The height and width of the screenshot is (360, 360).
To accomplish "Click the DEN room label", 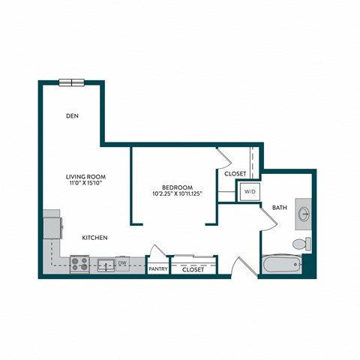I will (x=73, y=116).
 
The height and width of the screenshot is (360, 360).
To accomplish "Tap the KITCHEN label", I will (x=95, y=238).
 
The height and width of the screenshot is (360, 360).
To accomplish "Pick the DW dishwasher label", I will (x=121, y=262).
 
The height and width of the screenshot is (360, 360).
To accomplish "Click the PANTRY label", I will (x=157, y=268).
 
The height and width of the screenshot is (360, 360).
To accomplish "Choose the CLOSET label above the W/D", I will (x=235, y=174).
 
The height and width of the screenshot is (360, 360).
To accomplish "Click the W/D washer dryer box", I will (x=250, y=192).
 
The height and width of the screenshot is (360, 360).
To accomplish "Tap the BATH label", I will (x=280, y=208).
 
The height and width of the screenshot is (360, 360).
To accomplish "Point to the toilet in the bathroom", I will (x=299, y=244).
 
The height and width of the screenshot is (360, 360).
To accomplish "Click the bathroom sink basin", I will (x=304, y=213).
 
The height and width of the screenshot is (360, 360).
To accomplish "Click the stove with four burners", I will (x=80, y=264).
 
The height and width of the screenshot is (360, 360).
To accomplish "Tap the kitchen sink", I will (x=104, y=264).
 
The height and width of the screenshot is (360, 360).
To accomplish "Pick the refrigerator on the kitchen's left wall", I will (x=51, y=223).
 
